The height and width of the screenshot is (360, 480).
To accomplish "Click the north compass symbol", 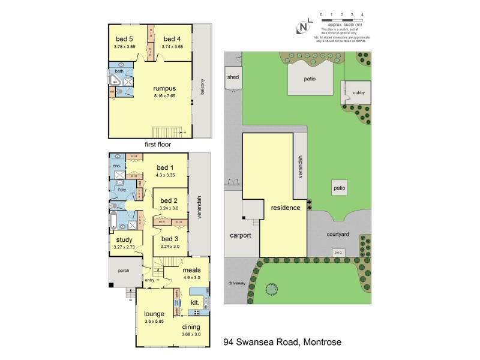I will pyautogui.click(x=304, y=27).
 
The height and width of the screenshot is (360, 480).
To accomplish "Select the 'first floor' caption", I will pyautogui.click(x=158, y=145).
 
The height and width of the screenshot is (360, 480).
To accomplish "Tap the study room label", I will pyautogui.click(x=125, y=240).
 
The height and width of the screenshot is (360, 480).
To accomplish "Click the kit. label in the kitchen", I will pyautogui.click(x=195, y=303).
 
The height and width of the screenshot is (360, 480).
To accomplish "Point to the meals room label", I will pyautogui.click(x=192, y=271).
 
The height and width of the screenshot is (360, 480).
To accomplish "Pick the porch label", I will pyautogui.click(x=124, y=271).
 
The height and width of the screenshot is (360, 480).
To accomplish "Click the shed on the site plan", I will pyautogui.click(x=233, y=77).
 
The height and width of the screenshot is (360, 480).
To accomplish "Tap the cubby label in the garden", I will pyautogui.click(x=359, y=92).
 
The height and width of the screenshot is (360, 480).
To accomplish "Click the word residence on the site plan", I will pyautogui.click(x=285, y=208).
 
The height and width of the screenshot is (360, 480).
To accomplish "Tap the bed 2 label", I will pyautogui.click(x=170, y=200).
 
